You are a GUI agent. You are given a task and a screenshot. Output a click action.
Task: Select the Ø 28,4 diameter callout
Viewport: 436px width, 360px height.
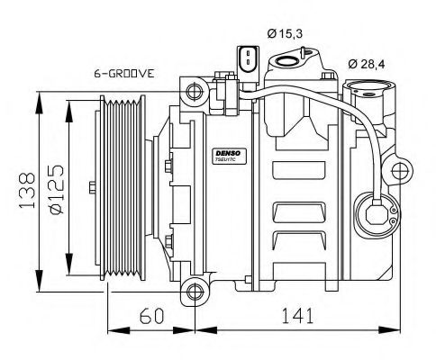[x=368, y=64]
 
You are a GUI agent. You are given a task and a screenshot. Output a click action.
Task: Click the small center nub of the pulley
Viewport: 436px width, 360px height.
[x=93, y=187]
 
